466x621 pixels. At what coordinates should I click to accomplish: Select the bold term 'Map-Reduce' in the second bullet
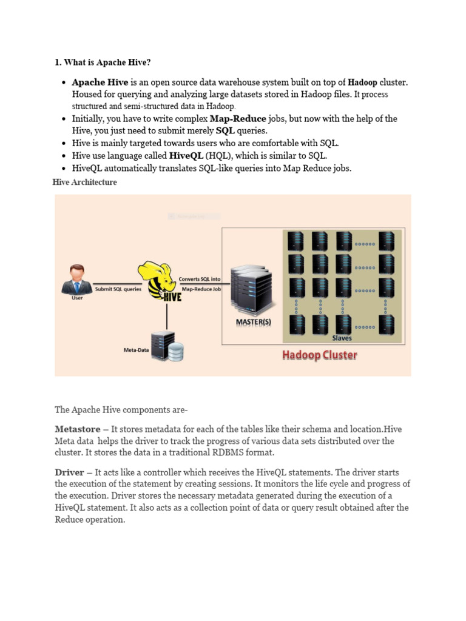click(x=238, y=119)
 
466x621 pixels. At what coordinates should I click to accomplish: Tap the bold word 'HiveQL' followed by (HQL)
click(x=186, y=155)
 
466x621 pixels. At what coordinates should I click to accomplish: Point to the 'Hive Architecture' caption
click(x=86, y=182)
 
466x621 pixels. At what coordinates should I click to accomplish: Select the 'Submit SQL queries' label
click(x=118, y=289)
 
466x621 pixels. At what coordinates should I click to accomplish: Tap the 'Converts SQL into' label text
click(x=200, y=279)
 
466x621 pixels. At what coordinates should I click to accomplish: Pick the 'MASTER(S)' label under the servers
click(x=254, y=322)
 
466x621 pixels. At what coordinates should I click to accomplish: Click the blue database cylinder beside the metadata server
click(x=177, y=352)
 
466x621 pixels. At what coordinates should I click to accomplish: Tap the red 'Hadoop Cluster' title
click(x=319, y=355)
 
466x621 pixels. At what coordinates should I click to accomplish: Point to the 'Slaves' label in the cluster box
click(x=342, y=338)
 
